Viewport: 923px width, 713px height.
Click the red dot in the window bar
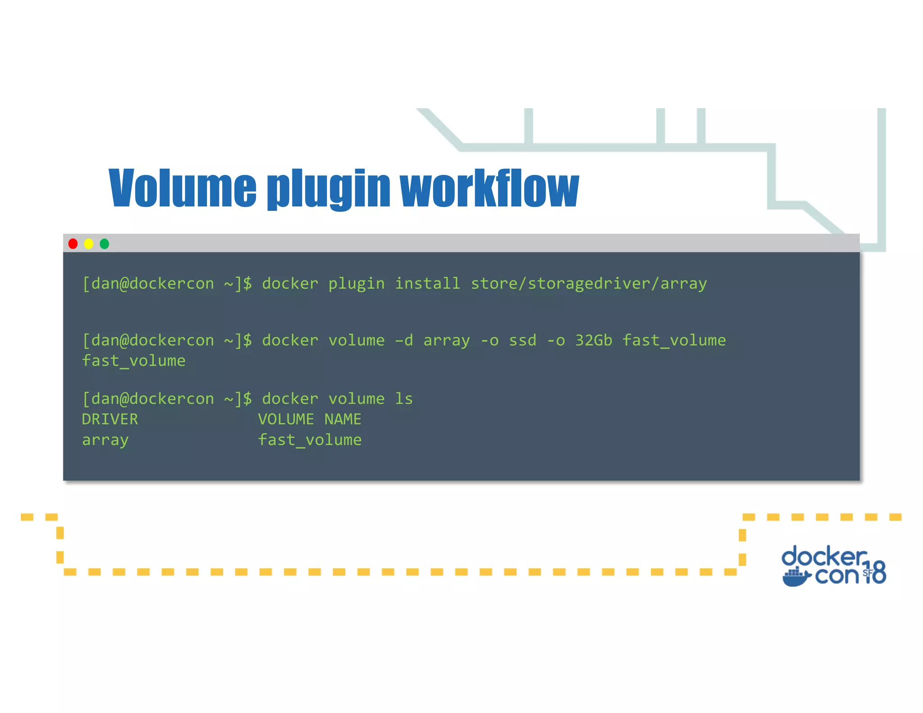pos(73,244)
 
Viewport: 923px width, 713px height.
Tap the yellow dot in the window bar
pos(89,244)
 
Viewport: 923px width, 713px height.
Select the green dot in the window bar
pos(105,244)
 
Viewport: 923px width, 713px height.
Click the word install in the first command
pos(427,283)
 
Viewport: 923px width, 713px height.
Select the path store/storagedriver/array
pos(589,284)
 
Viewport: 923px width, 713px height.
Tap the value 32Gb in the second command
pos(594,340)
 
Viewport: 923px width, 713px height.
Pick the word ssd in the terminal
pos(522,340)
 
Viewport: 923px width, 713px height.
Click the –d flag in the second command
pos(404,340)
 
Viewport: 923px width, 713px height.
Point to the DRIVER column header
pos(110,420)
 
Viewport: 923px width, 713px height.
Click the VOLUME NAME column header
pos(310,420)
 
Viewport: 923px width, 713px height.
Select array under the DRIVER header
pos(105,440)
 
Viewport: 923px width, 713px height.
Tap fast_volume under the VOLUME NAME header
pos(310,440)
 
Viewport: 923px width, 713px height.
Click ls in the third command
pos(404,399)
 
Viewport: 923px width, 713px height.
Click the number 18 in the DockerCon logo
pos(875,572)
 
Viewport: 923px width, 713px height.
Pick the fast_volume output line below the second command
pos(134,361)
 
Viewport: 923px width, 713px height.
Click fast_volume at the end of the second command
pos(674,340)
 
